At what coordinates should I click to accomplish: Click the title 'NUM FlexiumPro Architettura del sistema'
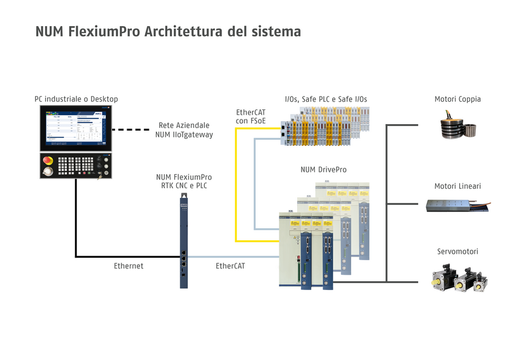coord(168,31)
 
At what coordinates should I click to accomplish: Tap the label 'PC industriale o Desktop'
coord(76,99)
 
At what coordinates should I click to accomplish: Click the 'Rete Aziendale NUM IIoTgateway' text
coord(184,130)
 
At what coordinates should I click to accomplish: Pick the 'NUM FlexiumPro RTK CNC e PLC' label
coord(184,181)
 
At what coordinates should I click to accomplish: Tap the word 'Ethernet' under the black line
coord(129,266)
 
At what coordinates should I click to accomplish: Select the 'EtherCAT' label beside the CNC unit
coord(230,266)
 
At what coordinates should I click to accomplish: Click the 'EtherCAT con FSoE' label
coord(251,116)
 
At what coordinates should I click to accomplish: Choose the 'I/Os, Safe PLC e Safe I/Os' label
coord(326,99)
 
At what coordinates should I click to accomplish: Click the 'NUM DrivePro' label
coord(324,170)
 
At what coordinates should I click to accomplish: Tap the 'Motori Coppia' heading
coord(457,99)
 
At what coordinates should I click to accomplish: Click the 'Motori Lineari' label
coord(457,186)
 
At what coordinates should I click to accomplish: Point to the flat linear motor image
coord(456,205)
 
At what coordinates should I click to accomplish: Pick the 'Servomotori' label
coord(457,252)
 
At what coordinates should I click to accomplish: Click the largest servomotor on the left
coord(443,279)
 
